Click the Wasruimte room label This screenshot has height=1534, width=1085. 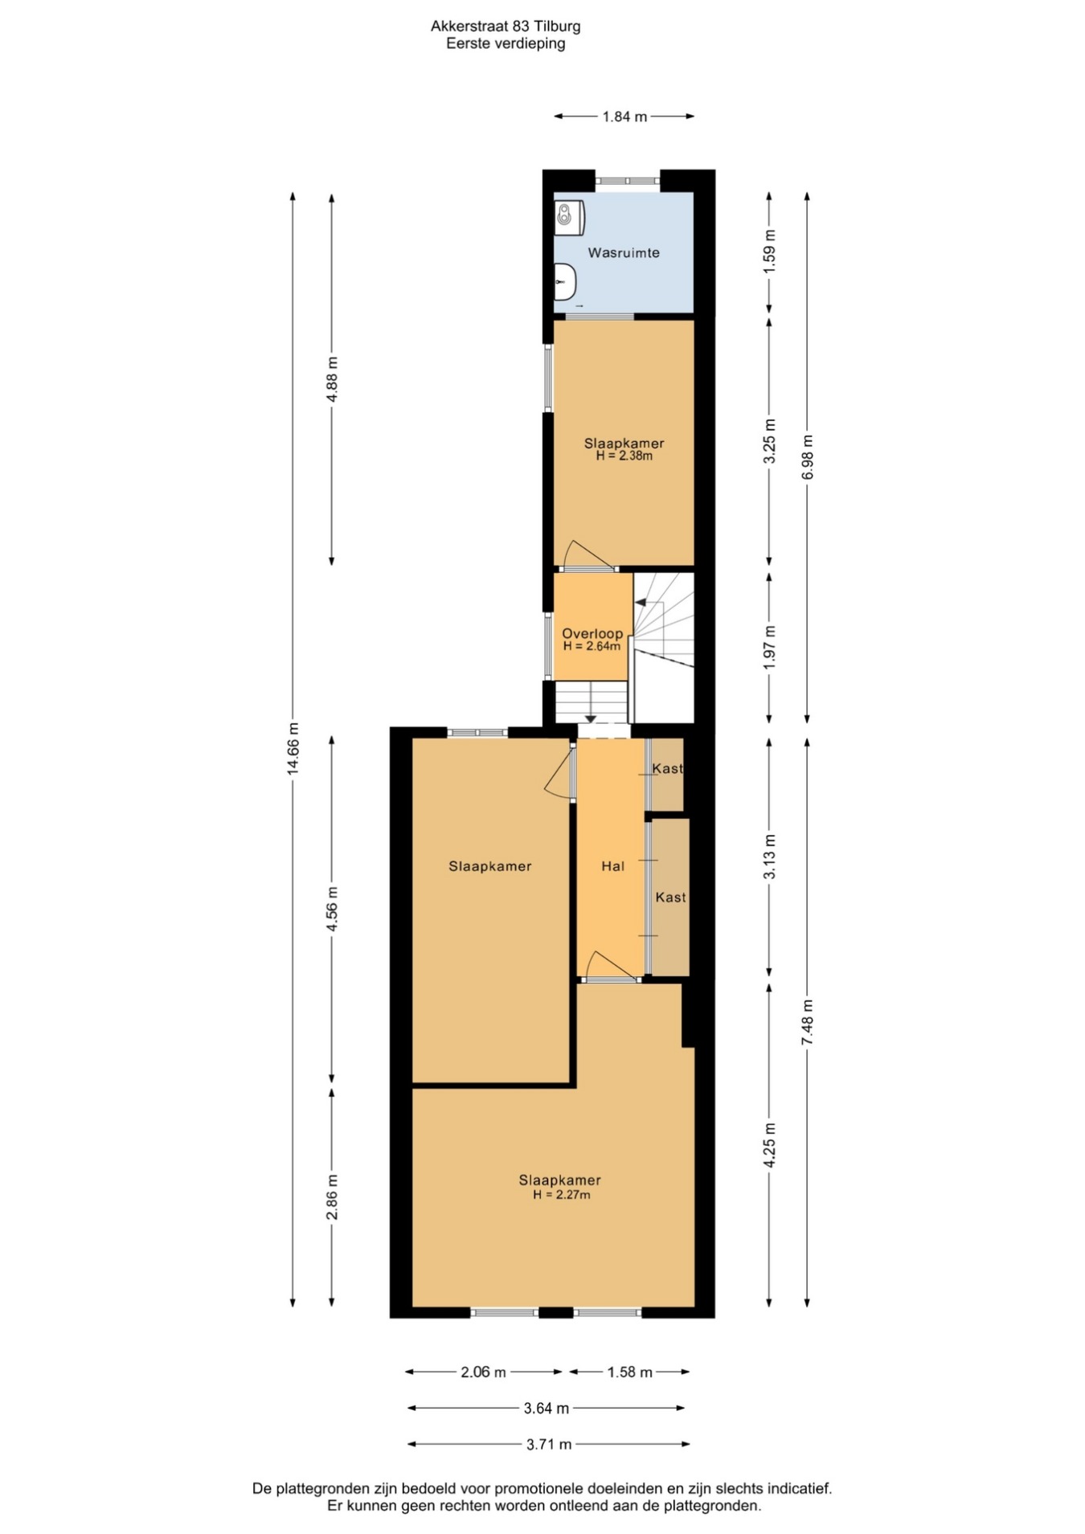624,252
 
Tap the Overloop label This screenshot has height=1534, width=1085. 592,633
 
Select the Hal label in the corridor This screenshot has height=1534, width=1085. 612,865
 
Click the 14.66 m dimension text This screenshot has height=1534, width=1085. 293,747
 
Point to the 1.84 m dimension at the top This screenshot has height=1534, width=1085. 624,117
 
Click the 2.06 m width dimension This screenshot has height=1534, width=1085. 483,1372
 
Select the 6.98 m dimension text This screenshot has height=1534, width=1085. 808,457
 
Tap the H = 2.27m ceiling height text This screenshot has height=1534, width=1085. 561,1195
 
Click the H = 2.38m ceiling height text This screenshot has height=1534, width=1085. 624,456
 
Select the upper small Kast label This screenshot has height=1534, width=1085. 667,768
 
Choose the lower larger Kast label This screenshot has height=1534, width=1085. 670,897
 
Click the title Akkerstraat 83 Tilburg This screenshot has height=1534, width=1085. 506,26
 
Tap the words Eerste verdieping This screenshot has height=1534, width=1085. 506,43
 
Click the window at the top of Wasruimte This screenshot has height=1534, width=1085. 628,181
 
